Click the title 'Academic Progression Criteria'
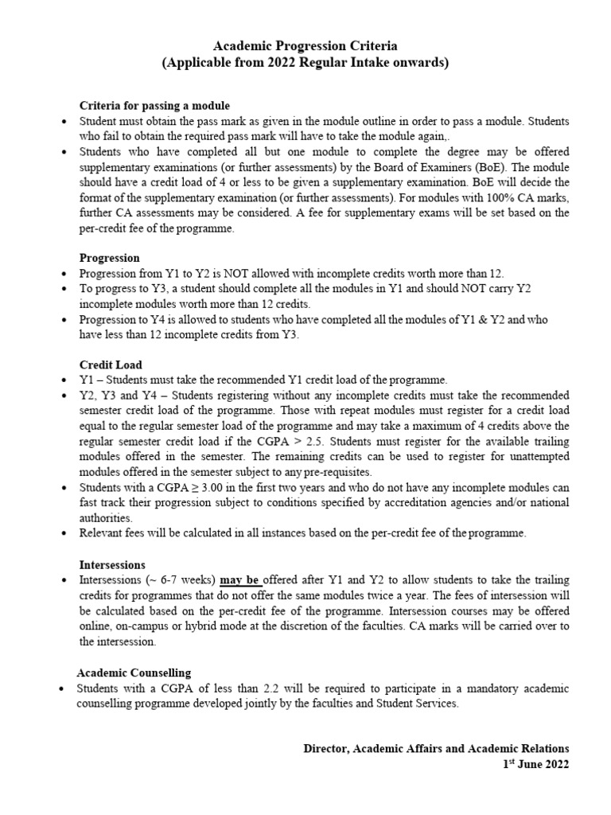click(x=305, y=46)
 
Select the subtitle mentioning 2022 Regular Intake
click(x=305, y=64)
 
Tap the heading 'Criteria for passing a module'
click(x=154, y=106)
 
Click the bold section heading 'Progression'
click(x=109, y=258)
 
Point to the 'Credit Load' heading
click(x=111, y=365)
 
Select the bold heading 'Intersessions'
click(x=112, y=564)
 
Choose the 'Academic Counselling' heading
click(x=134, y=673)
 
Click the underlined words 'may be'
click(x=241, y=579)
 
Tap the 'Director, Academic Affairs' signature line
click(x=436, y=748)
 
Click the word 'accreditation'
click(x=437, y=503)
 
